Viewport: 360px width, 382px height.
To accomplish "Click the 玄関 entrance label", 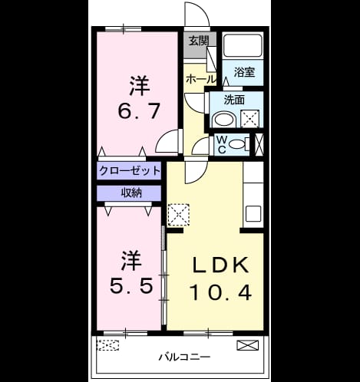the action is point(199,41).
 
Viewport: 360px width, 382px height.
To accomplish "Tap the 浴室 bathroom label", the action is point(244,72).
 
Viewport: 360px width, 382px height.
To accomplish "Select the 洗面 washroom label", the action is point(234,100).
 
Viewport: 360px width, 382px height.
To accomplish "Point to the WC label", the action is point(222,144).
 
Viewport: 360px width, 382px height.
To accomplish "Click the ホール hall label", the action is point(201,80).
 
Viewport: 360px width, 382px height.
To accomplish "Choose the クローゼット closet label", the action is point(130,170).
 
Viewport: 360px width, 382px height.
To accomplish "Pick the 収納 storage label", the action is point(131,193).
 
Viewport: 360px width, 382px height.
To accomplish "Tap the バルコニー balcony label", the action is point(184,357).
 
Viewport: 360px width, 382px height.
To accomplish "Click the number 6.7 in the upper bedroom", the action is point(139,111).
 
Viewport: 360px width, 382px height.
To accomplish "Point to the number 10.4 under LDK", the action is point(221,293).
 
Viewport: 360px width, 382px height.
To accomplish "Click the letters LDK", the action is point(221,265).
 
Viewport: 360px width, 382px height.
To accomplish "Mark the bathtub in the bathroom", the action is point(243,45).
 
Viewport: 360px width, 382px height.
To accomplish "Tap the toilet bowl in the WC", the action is point(237,144).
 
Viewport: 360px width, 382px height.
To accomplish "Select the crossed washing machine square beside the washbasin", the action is point(250,119).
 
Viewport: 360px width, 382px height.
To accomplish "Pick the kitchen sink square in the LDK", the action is point(253,214).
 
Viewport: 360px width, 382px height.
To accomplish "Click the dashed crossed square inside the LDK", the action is point(178,215).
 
